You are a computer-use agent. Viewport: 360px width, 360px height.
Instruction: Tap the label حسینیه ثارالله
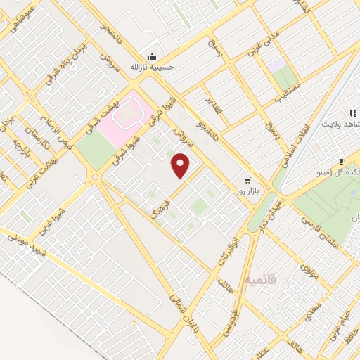(150, 67)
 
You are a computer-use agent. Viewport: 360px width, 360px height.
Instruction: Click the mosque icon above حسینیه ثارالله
(150, 56)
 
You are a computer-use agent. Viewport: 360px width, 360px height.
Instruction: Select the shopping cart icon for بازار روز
(247, 180)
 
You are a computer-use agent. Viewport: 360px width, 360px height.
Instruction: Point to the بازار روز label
(247, 192)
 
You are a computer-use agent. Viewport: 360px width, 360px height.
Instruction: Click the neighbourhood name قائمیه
(262, 280)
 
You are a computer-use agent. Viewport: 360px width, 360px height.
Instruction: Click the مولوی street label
(309, 271)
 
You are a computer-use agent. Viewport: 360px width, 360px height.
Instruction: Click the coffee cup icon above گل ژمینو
(342, 161)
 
